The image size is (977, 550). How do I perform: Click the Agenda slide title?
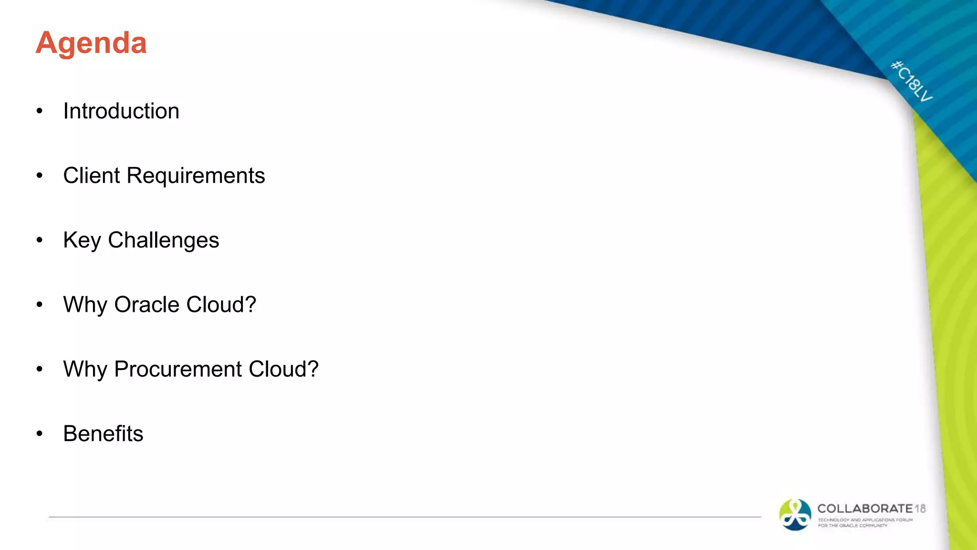pos(91,43)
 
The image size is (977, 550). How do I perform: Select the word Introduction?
pos(121,111)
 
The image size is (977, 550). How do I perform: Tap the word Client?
pos(92,176)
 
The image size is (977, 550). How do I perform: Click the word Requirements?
pos(196,176)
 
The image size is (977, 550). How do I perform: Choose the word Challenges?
pos(163,240)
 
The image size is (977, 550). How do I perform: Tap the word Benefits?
pos(103,434)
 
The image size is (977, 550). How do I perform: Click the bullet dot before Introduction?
pos(40,111)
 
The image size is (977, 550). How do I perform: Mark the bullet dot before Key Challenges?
pos(40,240)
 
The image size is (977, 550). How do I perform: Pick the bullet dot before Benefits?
pos(40,434)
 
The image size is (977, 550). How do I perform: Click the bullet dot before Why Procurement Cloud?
pos(40,369)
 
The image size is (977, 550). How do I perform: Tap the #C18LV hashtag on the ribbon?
pos(911,81)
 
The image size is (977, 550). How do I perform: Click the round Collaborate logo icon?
pos(795,515)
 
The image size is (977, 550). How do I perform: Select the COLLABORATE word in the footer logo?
pos(865,509)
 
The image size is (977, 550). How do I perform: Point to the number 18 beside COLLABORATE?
pos(920,509)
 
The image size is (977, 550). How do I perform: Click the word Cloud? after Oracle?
pos(221,305)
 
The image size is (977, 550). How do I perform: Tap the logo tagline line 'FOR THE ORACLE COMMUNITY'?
pos(852,526)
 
